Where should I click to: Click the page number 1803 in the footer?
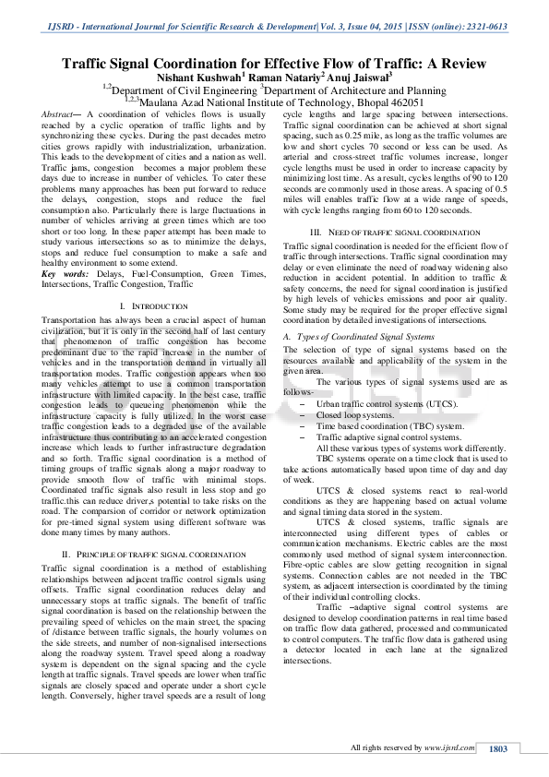pyautogui.click(x=498, y=749)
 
